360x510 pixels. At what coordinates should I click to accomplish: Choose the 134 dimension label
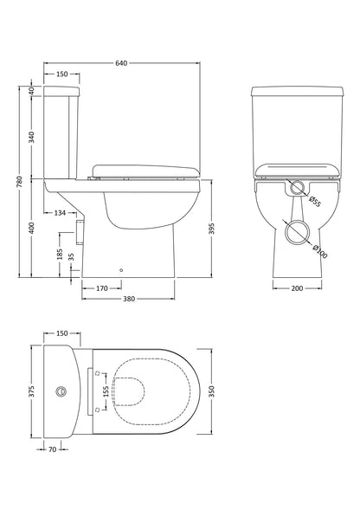[60, 212]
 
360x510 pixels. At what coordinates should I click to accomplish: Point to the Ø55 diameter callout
[315, 203]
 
